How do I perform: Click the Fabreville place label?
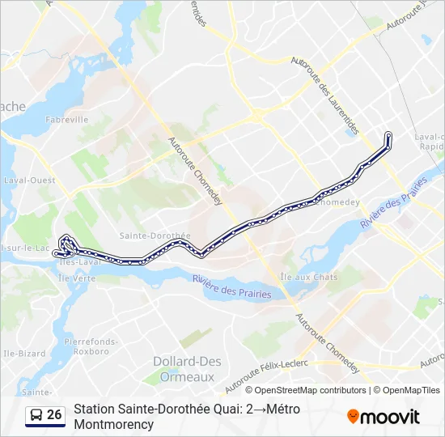67,119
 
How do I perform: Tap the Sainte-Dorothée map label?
154,236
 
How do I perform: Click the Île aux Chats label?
308,277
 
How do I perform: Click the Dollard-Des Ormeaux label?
184,369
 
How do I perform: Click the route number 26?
55,415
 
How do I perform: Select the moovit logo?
384,417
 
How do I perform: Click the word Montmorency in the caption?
114,424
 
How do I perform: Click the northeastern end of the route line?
389,134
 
